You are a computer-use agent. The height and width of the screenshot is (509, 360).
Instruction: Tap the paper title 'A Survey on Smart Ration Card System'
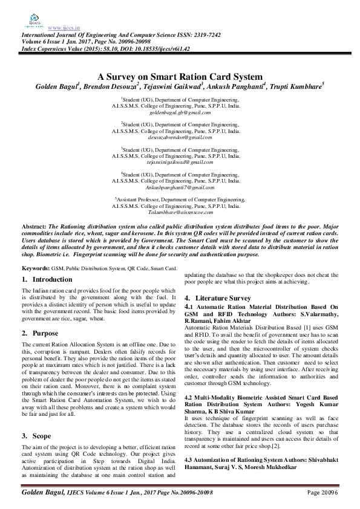(x=180, y=77)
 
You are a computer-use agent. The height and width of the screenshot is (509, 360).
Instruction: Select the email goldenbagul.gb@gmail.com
(x=180, y=112)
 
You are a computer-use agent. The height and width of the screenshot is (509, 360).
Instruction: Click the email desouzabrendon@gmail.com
(x=180, y=137)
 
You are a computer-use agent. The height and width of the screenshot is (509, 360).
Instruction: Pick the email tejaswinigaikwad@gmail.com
(x=180, y=162)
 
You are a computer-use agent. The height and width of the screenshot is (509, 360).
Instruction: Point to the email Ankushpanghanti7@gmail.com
(x=180, y=187)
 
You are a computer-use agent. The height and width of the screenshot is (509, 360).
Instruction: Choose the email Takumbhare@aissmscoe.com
(x=180, y=213)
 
